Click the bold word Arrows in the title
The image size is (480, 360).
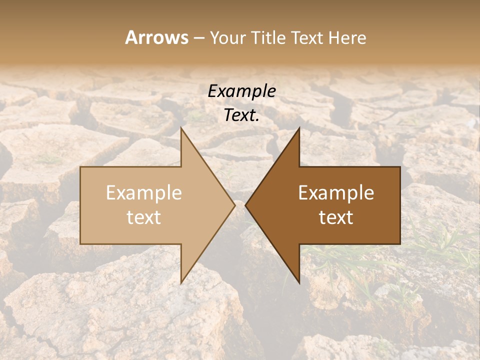(156, 37)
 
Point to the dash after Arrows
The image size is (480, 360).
(198, 38)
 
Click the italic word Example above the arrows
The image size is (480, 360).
(241, 91)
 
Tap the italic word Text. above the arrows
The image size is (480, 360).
(241, 115)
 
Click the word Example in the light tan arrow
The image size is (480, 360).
(144, 193)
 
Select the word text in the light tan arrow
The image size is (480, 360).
(144, 217)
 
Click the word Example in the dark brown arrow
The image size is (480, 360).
(336, 193)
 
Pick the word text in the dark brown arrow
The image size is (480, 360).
(336, 217)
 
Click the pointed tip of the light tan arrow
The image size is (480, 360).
(234, 205)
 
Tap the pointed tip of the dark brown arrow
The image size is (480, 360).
(246, 205)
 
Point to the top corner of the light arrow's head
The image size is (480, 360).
(181, 128)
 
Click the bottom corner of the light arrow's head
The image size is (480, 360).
(181, 282)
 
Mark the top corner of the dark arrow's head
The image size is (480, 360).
(299, 128)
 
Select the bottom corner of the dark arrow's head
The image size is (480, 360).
(299, 282)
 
